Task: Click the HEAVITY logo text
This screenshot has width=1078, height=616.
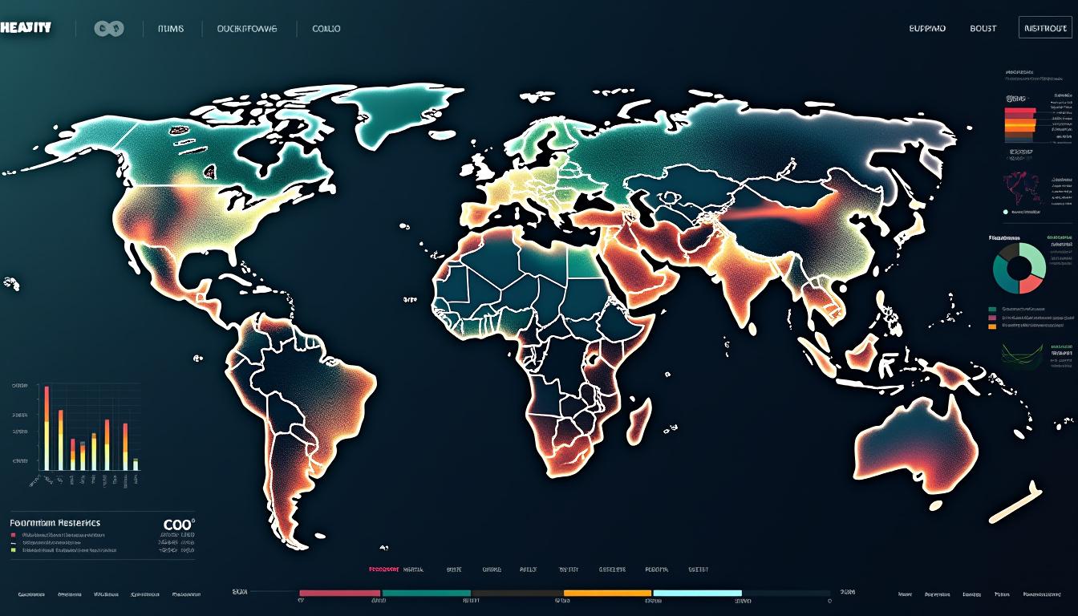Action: click(x=26, y=27)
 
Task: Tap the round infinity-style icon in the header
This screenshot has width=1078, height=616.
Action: click(x=109, y=29)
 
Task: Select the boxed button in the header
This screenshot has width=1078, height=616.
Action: click(x=1044, y=28)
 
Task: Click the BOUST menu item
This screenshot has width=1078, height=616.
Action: click(x=983, y=28)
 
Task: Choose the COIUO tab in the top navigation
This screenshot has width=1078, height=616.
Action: click(x=326, y=29)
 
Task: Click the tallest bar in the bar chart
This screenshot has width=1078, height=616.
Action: click(x=47, y=428)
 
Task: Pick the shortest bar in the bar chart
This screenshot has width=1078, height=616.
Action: click(x=136, y=464)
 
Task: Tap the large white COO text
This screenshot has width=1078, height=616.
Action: click(x=177, y=525)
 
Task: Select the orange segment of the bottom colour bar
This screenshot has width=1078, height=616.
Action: click(x=608, y=594)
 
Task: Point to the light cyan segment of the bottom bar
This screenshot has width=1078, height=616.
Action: click(x=697, y=594)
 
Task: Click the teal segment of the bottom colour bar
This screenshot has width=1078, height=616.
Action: click(x=426, y=594)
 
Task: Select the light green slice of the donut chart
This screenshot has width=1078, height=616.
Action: click(x=1034, y=260)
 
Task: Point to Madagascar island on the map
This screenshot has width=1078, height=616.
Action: click(x=638, y=421)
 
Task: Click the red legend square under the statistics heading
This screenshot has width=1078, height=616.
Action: click(x=14, y=534)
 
